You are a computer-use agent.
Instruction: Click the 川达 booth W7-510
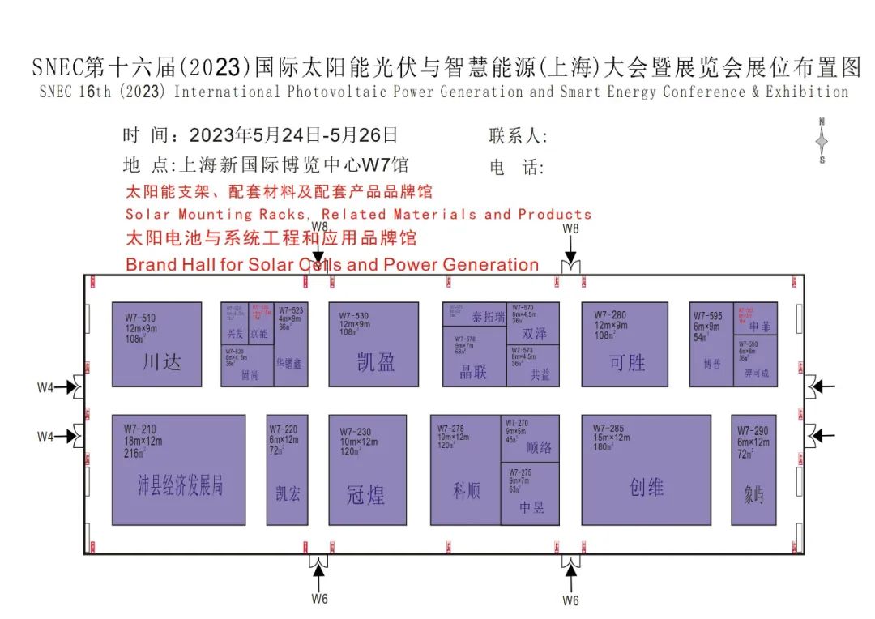[156, 344]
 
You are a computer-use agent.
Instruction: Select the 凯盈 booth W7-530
[373, 344]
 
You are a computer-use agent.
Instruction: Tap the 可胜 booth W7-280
[625, 344]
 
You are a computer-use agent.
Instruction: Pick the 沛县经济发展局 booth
[179, 470]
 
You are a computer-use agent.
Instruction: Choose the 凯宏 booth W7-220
[287, 470]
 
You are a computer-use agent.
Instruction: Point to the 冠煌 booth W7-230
[367, 470]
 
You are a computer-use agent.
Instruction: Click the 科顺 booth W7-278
[466, 470]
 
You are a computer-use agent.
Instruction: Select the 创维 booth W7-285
[646, 470]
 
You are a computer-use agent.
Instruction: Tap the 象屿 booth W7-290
[753, 470]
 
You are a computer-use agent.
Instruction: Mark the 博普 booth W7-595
[711, 344]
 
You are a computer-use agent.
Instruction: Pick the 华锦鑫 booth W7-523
[292, 344]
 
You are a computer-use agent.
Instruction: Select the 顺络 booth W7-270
[531, 438]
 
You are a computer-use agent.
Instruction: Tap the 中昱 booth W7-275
[531, 493]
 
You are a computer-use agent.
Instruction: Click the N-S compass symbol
[822, 141]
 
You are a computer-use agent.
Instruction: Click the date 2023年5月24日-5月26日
[293, 135]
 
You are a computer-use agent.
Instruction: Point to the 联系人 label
[519, 136]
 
